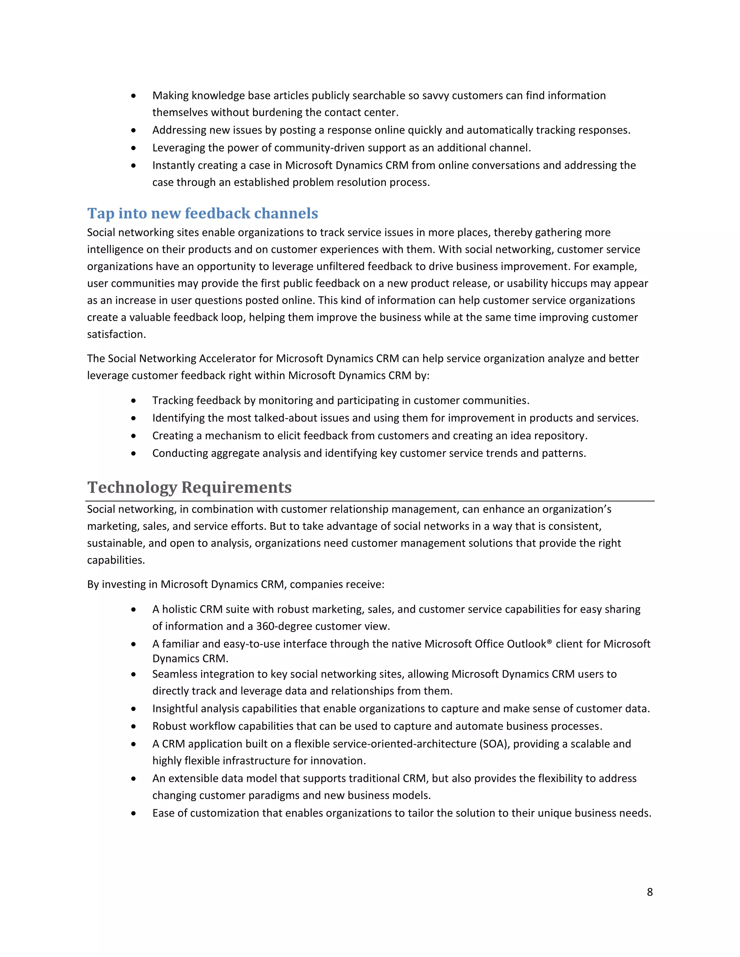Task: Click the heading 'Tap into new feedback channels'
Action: [x=203, y=213]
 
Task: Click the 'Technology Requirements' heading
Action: [x=189, y=487]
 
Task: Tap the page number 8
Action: [x=650, y=892]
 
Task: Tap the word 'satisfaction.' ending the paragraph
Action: [x=116, y=334]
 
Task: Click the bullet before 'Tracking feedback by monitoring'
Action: [x=133, y=400]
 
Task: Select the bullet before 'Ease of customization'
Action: [x=133, y=813]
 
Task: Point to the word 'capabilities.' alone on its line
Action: [x=116, y=560]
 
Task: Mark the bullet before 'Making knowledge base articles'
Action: [x=133, y=96]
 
